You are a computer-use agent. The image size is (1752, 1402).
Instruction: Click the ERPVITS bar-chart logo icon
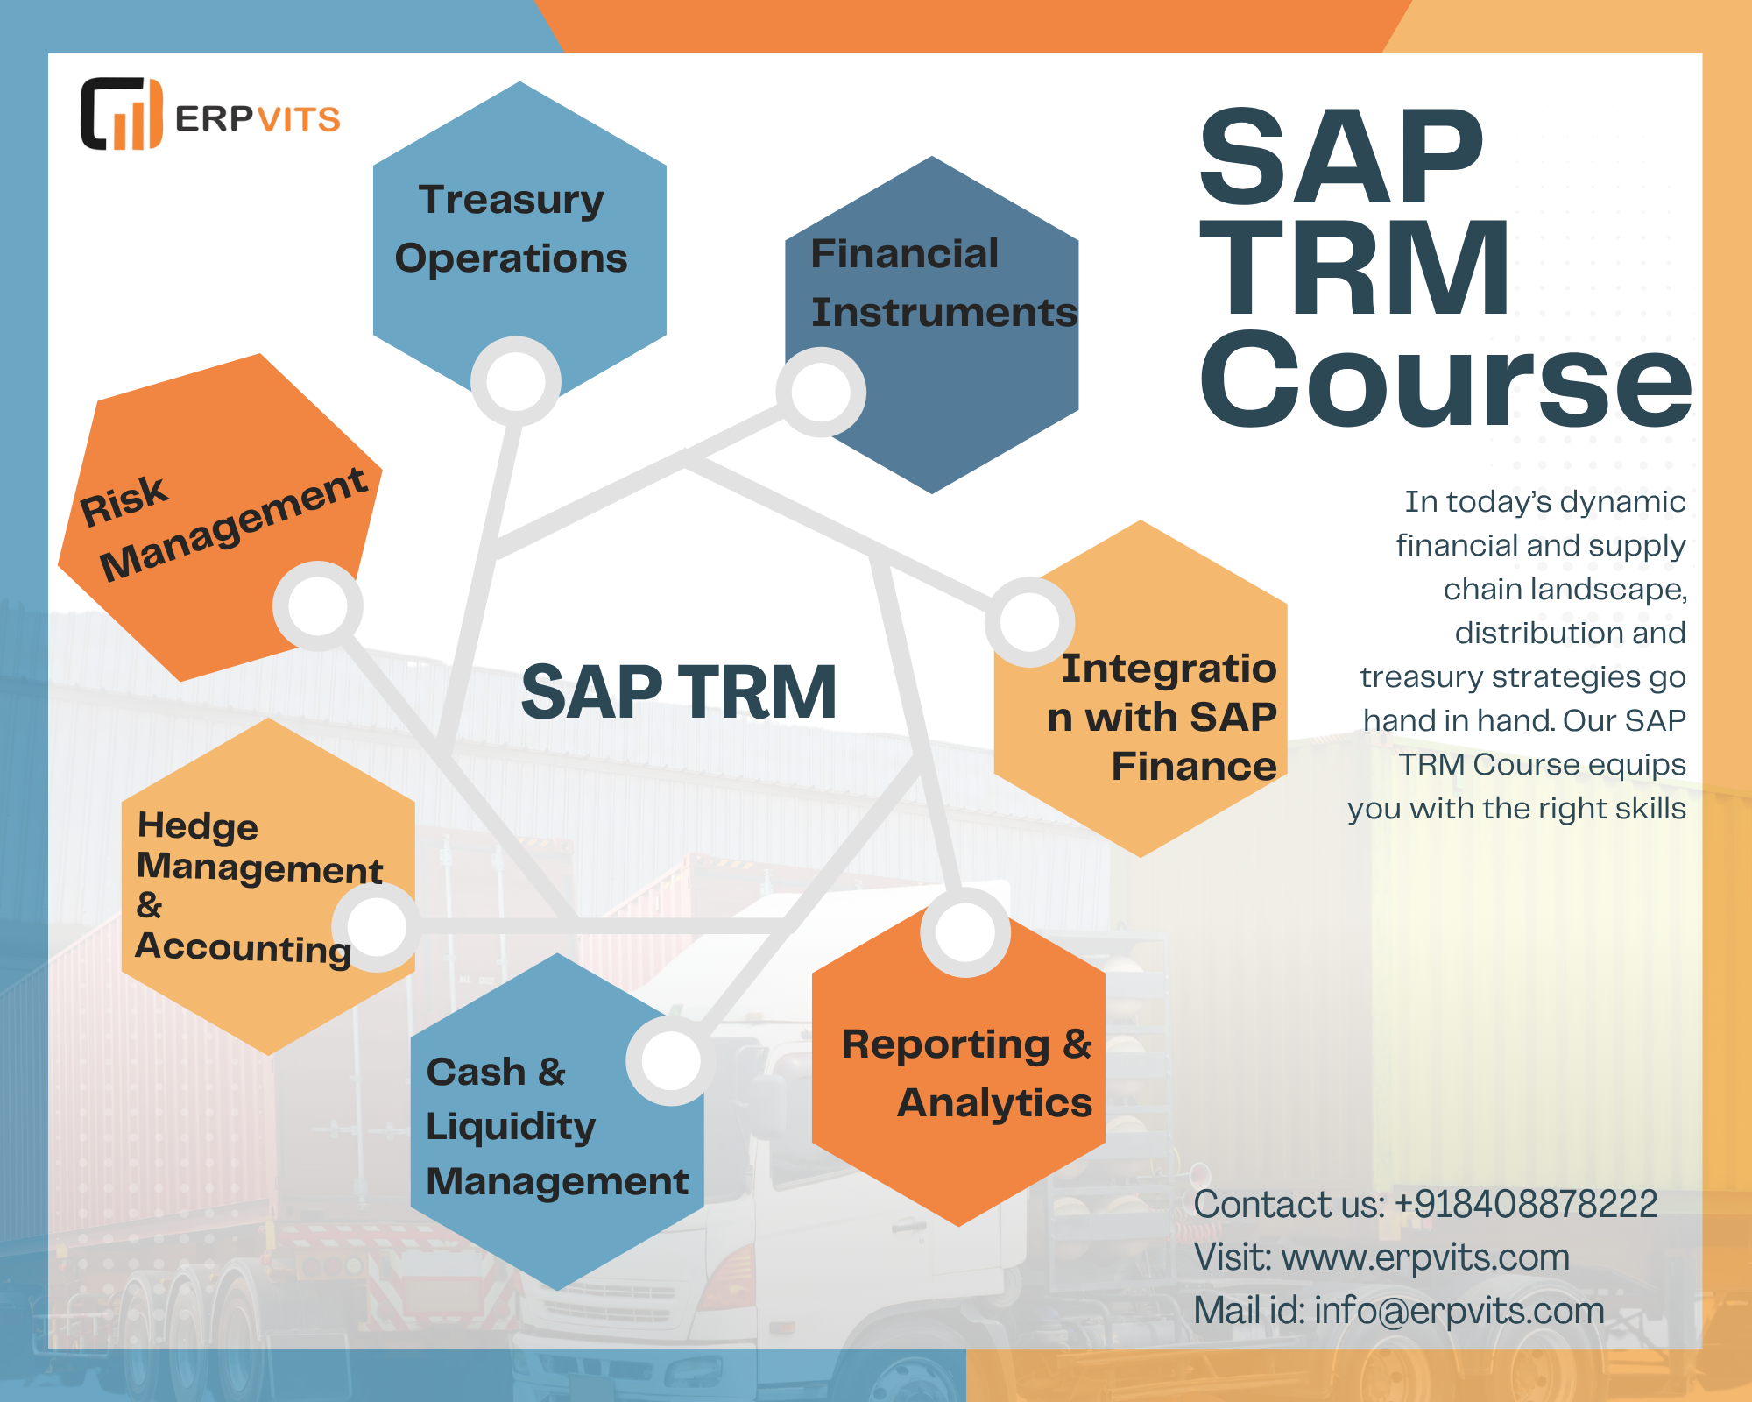point(122,114)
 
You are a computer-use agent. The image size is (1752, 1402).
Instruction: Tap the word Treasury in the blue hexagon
point(512,200)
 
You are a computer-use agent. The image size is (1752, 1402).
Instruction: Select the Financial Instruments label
point(943,283)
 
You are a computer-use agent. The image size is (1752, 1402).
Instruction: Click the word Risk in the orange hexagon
point(124,501)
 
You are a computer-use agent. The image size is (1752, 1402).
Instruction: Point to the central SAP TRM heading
point(679,692)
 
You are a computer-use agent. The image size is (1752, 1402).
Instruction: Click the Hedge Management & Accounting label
point(259,888)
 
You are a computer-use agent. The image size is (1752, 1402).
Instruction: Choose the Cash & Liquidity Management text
point(557,1126)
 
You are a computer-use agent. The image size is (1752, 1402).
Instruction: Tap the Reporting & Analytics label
point(967,1073)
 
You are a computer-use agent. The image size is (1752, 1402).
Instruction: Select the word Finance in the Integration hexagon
point(1194,766)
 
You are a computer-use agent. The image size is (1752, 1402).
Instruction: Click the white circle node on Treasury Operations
point(516,381)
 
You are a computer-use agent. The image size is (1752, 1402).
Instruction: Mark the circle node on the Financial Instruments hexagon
point(821,392)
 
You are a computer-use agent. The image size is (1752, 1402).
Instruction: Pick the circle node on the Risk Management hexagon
point(318,605)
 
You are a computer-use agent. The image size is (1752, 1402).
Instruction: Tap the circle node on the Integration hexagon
point(1030,621)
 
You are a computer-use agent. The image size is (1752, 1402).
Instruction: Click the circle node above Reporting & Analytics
point(965,932)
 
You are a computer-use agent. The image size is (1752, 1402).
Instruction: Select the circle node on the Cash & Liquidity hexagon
point(671,1060)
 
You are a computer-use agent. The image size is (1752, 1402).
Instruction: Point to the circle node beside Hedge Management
point(377,926)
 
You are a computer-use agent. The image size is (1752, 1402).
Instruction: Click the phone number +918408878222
point(1525,1204)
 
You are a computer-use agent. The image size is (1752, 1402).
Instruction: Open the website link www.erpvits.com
point(1425,1257)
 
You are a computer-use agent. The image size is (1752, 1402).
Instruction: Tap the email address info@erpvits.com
point(1459,1311)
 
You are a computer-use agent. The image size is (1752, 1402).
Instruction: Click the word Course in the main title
point(1445,380)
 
